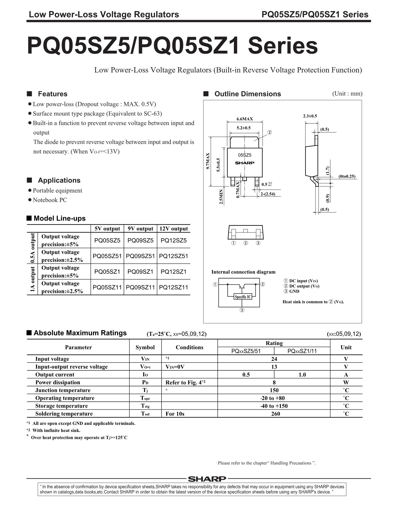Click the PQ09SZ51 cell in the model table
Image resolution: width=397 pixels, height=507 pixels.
click(140, 256)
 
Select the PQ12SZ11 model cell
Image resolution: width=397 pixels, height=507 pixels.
click(174, 287)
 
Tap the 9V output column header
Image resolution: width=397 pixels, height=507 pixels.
click(140, 229)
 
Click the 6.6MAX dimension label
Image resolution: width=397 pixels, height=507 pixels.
click(245, 119)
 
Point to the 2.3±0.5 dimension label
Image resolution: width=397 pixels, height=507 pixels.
click(310, 116)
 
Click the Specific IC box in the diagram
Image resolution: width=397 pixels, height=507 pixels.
click(243, 297)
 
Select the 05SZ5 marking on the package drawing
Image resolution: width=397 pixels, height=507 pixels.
click(245, 155)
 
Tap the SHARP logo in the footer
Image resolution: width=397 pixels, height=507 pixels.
click(207, 479)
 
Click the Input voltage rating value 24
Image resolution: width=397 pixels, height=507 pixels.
click(274, 359)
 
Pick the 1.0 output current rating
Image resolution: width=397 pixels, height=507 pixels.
click(302, 375)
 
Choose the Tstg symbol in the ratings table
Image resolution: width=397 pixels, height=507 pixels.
click(145, 406)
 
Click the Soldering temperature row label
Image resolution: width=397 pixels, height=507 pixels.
click(64, 414)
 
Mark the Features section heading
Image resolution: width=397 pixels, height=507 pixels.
click(53, 94)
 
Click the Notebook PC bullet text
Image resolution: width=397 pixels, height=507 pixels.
click(50, 200)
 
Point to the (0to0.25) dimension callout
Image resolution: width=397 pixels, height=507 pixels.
click(347, 176)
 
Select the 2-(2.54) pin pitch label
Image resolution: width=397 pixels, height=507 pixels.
click(268, 194)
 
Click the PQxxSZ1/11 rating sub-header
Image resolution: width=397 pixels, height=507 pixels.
click(302, 351)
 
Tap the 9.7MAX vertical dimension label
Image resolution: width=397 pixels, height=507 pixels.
click(208, 161)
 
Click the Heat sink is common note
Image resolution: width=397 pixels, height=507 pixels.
click(313, 302)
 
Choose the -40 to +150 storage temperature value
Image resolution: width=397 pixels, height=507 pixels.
click(274, 406)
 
